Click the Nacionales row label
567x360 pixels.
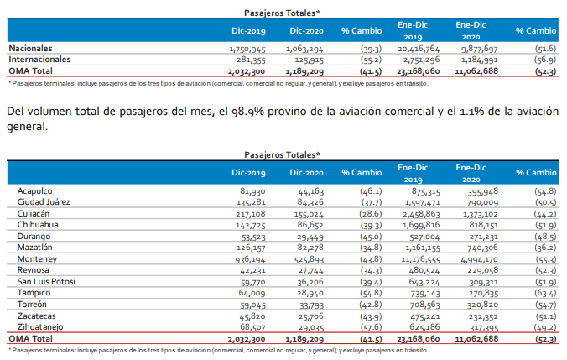tap(30, 48)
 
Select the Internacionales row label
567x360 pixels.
tap(39, 60)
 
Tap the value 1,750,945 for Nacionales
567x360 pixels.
tap(247, 49)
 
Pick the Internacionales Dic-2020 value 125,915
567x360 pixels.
tap(309, 60)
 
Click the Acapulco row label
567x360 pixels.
tap(34, 191)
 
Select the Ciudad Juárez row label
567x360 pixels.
tap(44, 202)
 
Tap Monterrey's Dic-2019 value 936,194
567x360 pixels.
tap(250, 259)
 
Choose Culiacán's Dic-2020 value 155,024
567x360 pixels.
tap(309, 214)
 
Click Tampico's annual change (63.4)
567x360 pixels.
tap(545, 293)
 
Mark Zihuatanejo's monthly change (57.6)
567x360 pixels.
tap(371, 327)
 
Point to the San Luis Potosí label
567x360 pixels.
tap(46, 281)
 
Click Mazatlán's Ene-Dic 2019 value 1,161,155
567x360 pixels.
tap(422, 248)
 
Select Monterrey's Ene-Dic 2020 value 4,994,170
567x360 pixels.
tap(479, 259)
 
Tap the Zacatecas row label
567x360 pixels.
tap(37, 316)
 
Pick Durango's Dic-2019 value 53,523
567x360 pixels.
tap(253, 237)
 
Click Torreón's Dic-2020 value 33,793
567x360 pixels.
tap(311, 305)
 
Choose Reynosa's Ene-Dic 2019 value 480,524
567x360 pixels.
tap(424, 271)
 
